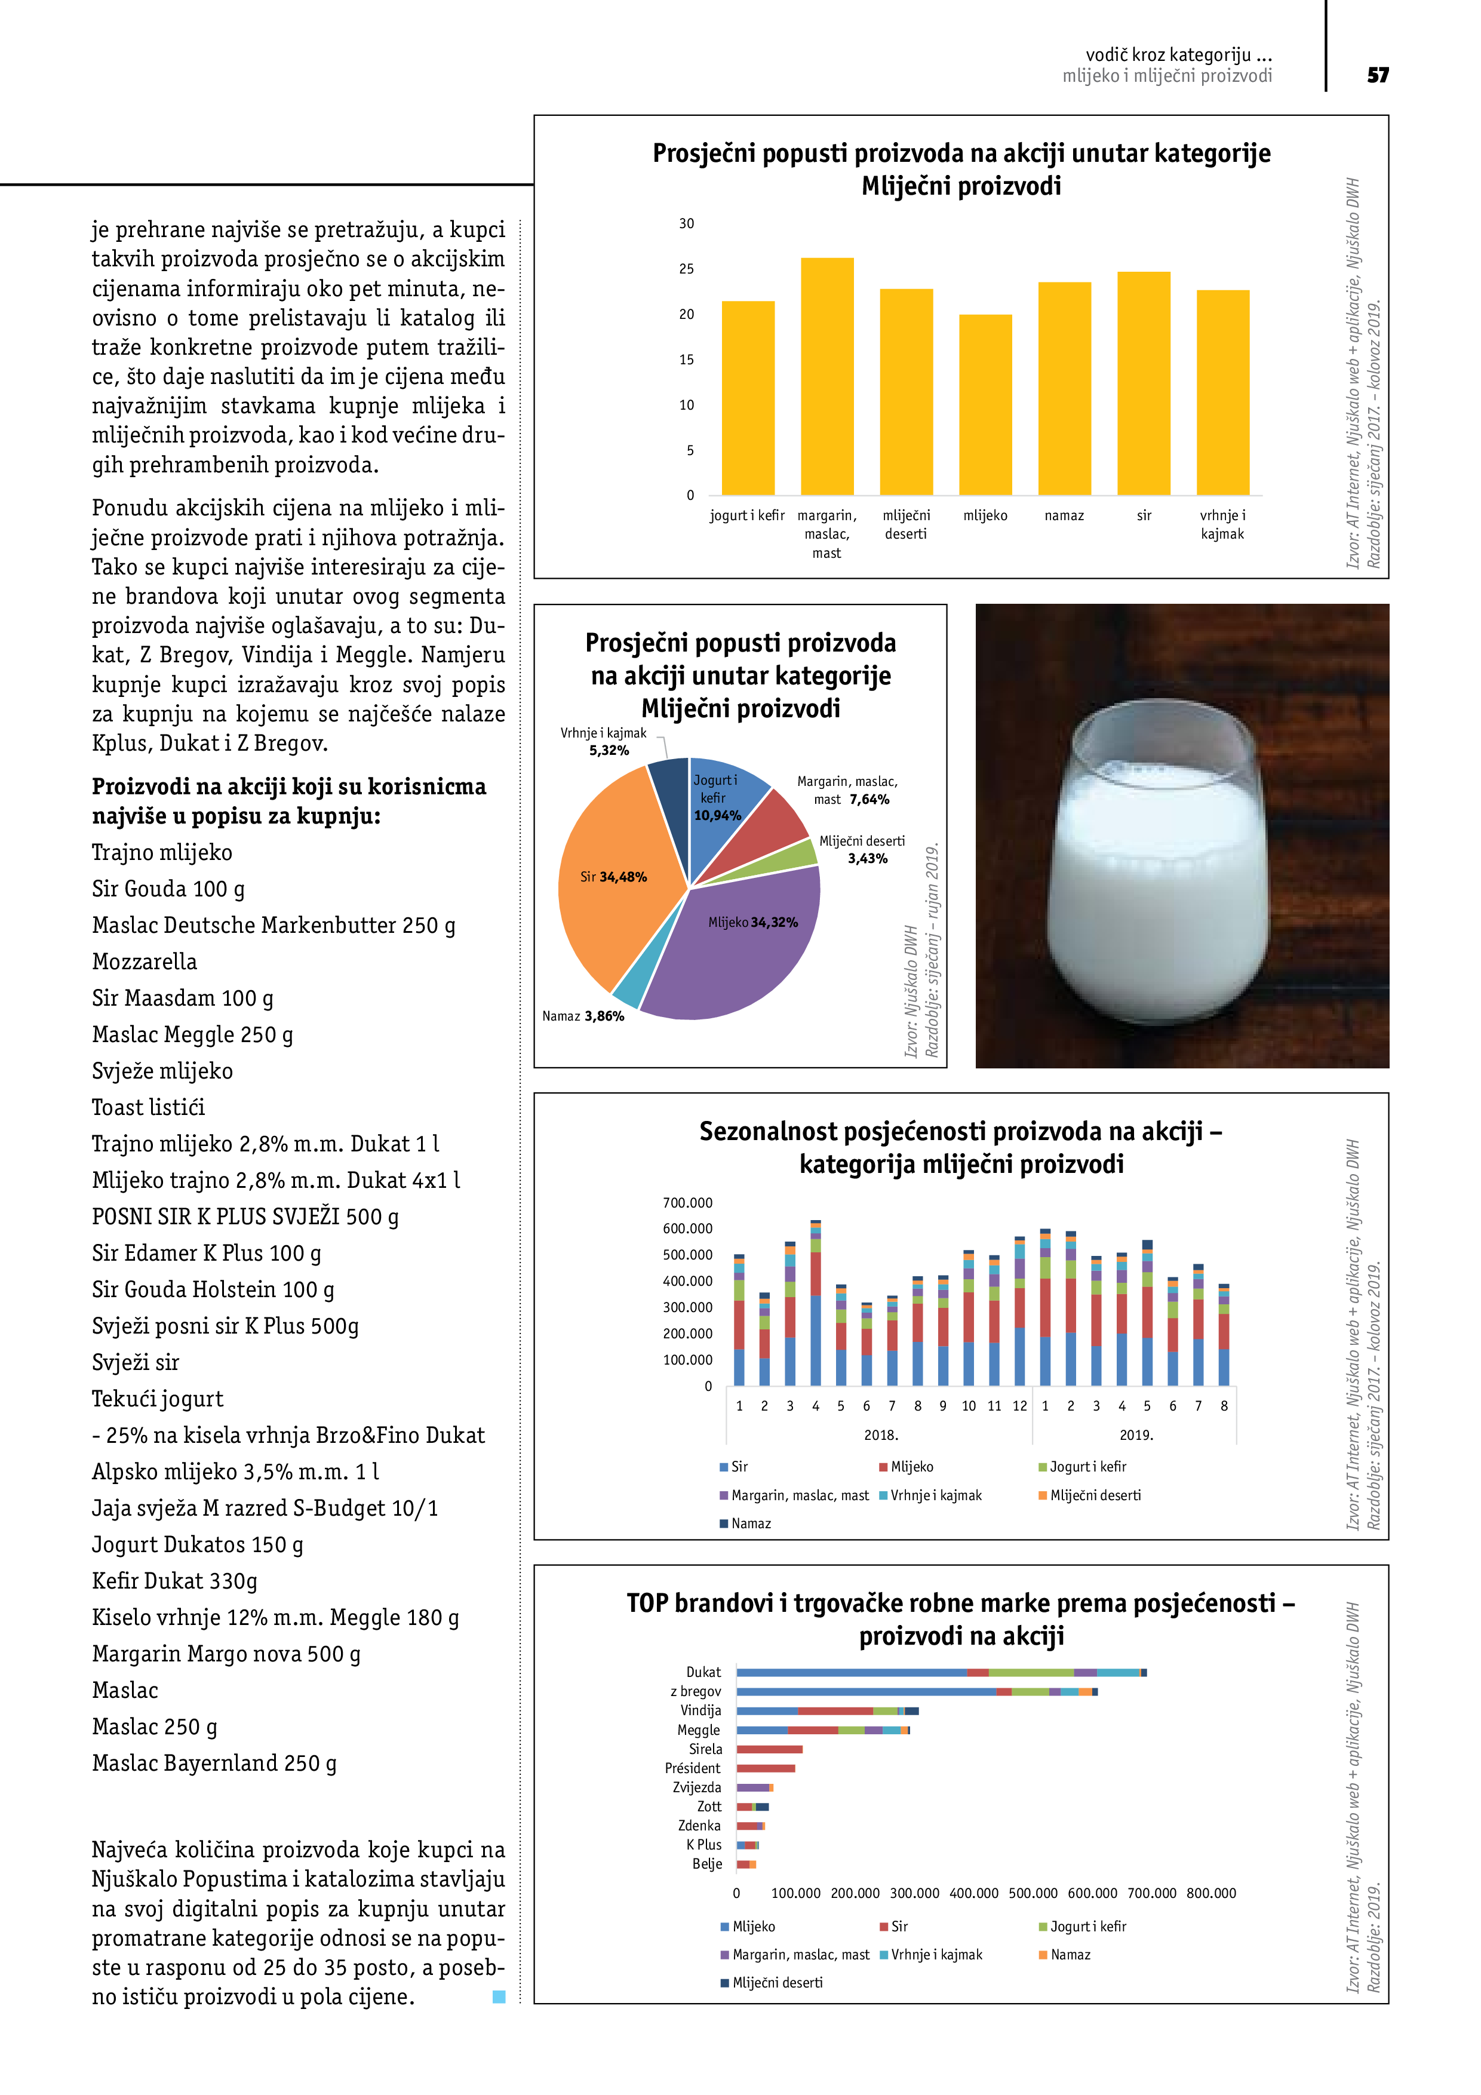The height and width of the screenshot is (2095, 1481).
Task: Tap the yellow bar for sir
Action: click(x=1144, y=383)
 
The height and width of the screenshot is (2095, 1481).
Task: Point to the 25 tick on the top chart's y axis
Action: click(x=686, y=269)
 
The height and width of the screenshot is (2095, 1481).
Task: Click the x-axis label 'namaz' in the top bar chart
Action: click(x=1064, y=515)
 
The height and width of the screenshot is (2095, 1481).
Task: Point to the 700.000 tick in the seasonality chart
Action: click(x=687, y=1203)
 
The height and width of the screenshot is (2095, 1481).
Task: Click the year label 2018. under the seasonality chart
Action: click(x=881, y=1435)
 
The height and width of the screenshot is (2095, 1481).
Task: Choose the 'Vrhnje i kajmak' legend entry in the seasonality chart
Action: click(x=931, y=1495)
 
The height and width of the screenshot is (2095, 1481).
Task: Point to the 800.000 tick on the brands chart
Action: click(x=1211, y=1893)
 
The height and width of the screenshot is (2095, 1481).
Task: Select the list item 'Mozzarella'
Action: click(x=144, y=962)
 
